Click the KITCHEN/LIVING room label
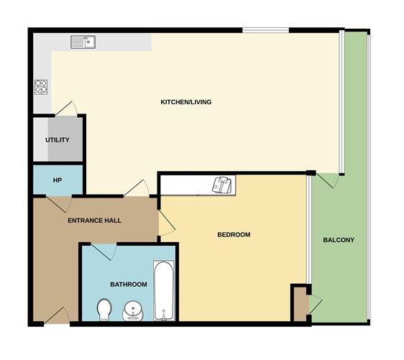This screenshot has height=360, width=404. pos(186,102)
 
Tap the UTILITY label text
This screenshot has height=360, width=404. pos(58,140)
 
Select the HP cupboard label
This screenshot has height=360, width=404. pos(58,180)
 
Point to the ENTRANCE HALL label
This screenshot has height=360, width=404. pos(94,221)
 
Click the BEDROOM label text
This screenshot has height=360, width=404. pos(234,234)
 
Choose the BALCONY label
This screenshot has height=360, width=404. pos(339,240)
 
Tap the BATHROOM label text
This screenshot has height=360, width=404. pos(129,285)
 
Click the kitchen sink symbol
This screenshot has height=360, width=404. pos(83,42)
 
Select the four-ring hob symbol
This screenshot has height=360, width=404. pos(41,87)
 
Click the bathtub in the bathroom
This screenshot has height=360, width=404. pos(164,291)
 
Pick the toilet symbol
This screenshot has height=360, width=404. pos(104,310)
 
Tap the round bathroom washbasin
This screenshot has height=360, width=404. pos(132,311)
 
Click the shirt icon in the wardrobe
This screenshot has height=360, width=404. pos(222,185)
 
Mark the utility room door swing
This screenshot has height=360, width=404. pos(66,109)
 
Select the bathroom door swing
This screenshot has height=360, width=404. pos(104,251)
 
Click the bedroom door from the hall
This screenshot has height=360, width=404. pos(167,223)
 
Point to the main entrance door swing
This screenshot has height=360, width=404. pos(57,315)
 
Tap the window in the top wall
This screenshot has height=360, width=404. pos(266,30)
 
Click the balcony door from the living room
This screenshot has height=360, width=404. pos(327,180)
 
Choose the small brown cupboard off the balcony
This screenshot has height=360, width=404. pos(300,305)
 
